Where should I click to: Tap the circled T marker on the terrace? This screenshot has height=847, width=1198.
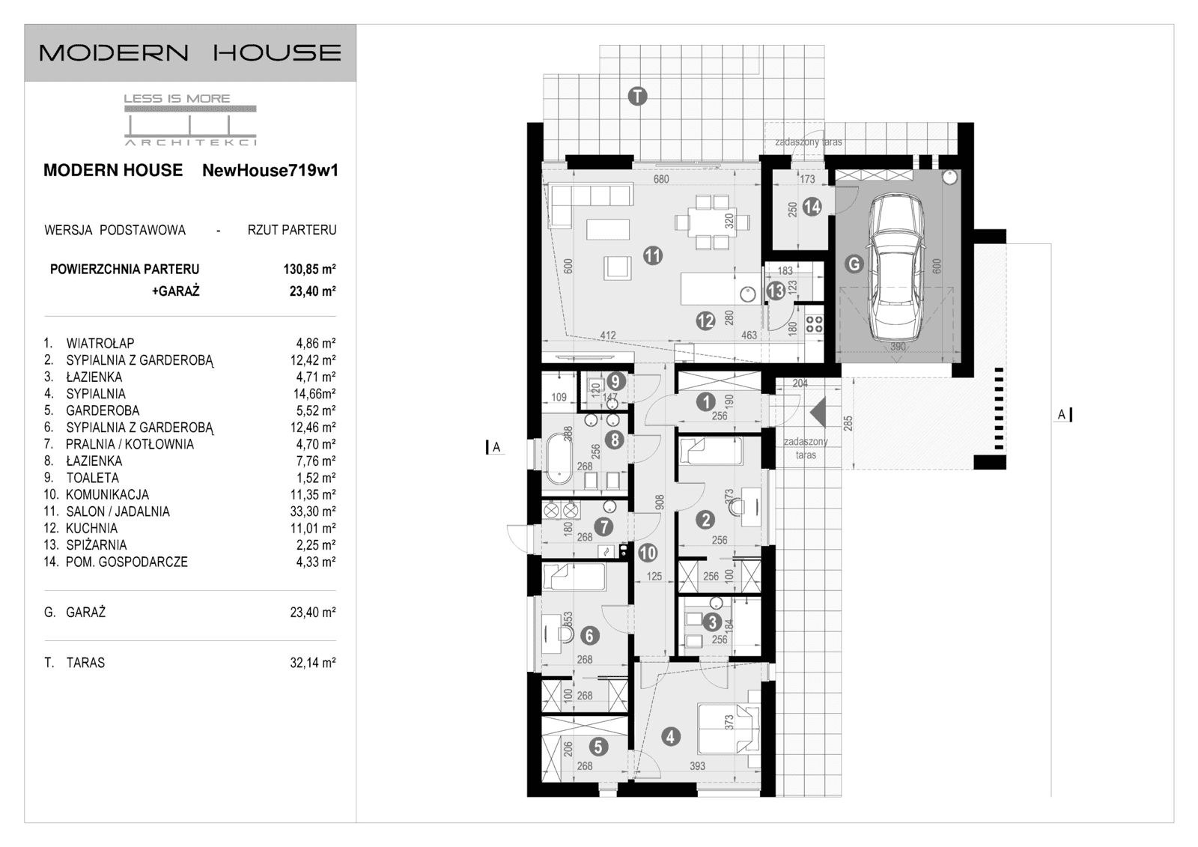pos(637,96)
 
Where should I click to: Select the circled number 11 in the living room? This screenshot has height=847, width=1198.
pos(653,256)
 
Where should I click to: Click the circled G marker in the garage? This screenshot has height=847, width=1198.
pos(853,264)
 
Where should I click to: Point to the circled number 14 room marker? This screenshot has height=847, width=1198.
pos(812,207)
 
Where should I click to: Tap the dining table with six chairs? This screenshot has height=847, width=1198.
pos(711,222)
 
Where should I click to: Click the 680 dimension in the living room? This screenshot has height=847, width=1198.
pos(660,180)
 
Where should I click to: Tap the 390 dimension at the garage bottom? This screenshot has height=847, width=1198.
pos(897,347)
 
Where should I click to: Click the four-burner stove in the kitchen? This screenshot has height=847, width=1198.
pos(814,324)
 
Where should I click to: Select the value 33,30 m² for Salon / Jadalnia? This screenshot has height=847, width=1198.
pos(316,511)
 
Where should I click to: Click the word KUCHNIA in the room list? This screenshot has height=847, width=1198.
pos(91,529)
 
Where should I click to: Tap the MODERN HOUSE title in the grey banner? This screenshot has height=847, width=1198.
pos(190,52)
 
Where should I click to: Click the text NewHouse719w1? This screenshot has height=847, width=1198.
pos(270,171)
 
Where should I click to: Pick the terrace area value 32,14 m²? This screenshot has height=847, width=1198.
pos(312,663)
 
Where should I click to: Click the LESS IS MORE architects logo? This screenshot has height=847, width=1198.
pos(190,120)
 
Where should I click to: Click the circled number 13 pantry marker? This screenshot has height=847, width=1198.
pos(776,290)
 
